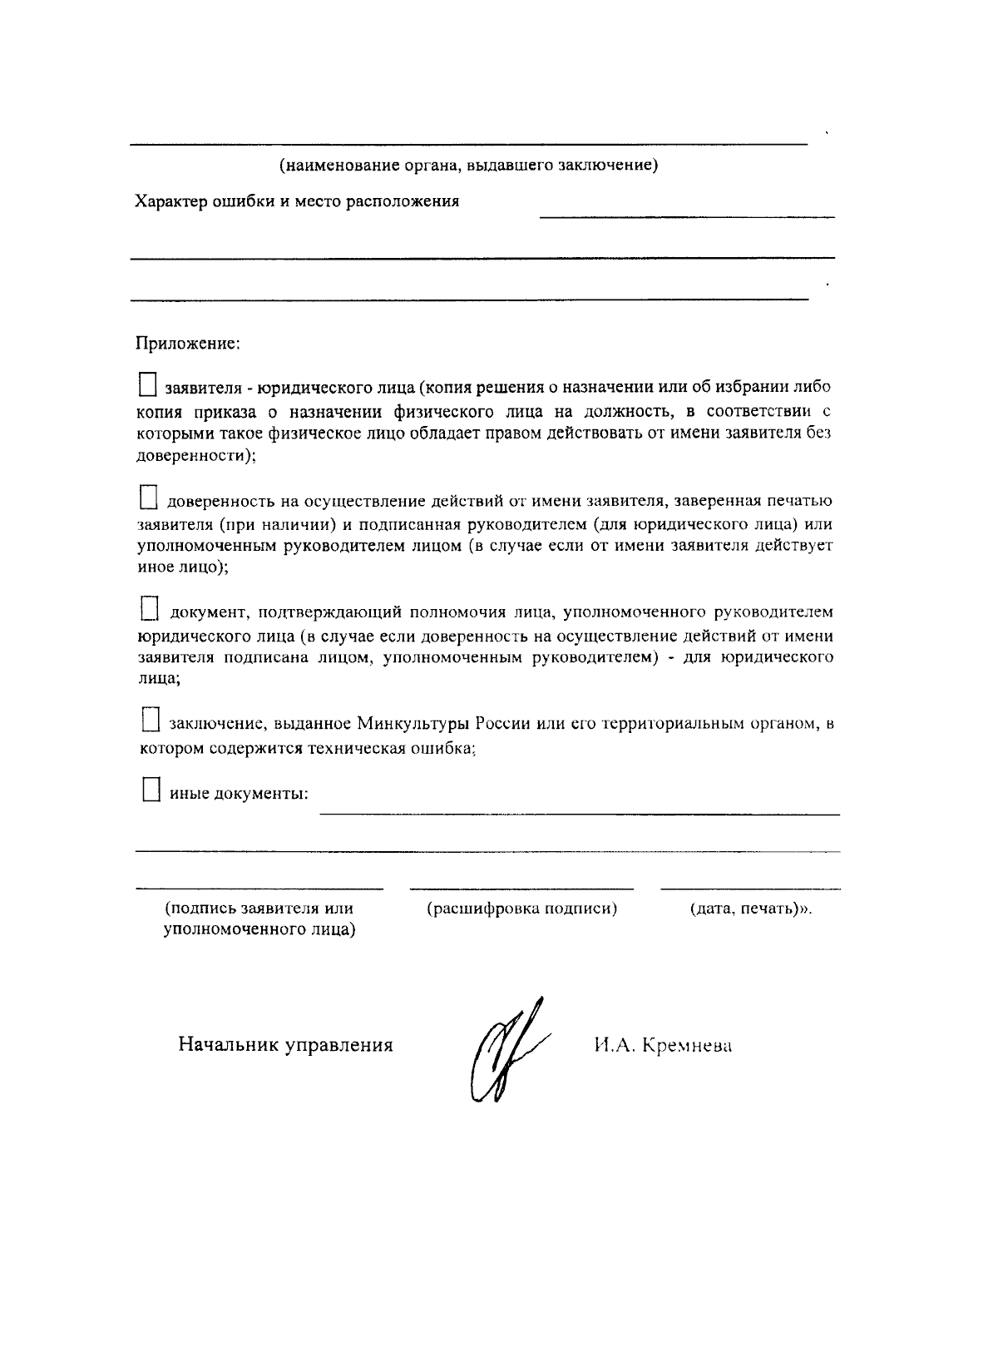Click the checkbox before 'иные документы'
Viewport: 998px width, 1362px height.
point(150,789)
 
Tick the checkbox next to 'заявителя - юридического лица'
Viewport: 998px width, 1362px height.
point(148,385)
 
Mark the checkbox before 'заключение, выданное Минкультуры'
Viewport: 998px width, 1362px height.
point(150,720)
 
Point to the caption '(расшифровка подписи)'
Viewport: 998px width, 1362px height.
point(521,909)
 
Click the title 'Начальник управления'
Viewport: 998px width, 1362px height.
point(285,1045)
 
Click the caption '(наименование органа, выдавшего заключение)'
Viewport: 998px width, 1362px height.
point(468,165)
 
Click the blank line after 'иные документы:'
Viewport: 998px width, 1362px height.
point(580,813)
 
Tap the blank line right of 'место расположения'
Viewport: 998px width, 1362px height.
point(686,217)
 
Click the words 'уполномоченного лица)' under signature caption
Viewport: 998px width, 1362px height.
point(259,930)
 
